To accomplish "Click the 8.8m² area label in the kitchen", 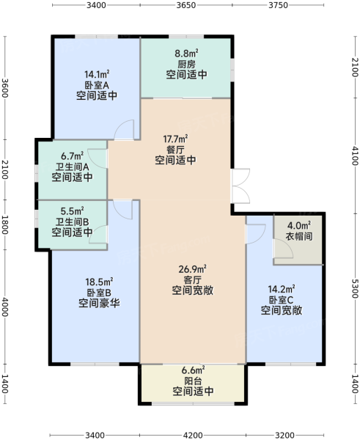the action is (186, 53).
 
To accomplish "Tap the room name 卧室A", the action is (97, 85).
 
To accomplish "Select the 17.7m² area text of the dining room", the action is (176, 139).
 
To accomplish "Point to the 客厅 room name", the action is (193, 280).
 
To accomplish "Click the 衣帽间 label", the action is (299, 236).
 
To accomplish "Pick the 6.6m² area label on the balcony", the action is (193, 370).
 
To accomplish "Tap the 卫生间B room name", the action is (72, 222).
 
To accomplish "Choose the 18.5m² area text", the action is (99, 282).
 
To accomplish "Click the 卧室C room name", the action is (282, 300).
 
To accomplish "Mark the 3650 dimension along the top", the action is (186, 5).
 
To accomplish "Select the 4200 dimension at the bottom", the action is (193, 435).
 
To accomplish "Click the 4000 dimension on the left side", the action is (5, 307).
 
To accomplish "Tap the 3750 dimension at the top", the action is (279, 5).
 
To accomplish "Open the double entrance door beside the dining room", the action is (240, 186).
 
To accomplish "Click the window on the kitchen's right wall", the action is (232, 70).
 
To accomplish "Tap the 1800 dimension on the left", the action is (5, 225).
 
